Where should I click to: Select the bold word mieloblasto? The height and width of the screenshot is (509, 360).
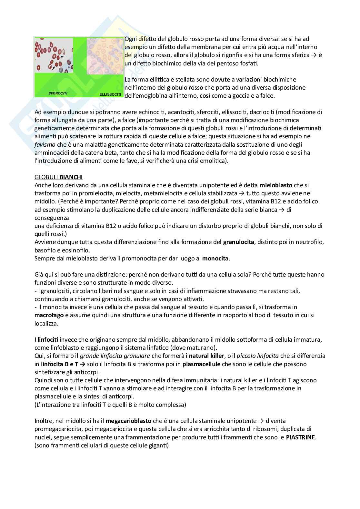pos(276,185)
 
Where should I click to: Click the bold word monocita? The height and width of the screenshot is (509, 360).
pos(215,258)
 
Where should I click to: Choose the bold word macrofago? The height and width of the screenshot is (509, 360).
pos(50,315)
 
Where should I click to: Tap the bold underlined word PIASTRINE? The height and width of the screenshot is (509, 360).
pos(300,437)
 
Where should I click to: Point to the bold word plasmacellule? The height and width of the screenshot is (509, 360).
pos(201,364)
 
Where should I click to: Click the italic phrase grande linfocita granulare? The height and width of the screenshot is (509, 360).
pos(115,356)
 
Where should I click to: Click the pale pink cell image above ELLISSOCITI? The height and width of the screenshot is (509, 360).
pos(105,55)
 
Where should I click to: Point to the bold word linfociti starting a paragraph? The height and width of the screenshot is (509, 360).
pos(48,339)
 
